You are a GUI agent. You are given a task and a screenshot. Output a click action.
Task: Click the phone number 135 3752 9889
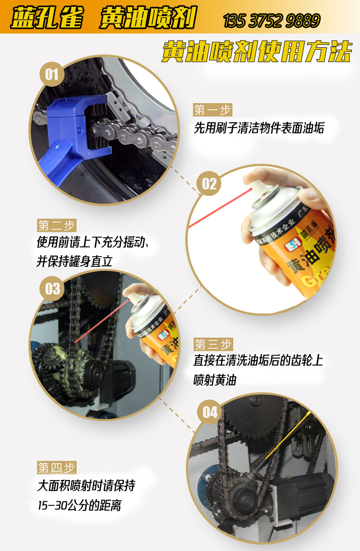pyautogui.click(x=271, y=21)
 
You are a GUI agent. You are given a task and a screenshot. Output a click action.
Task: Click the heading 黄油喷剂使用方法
pyautogui.click(x=257, y=51)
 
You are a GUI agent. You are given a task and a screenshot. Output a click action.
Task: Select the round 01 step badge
pyautogui.click(x=52, y=76)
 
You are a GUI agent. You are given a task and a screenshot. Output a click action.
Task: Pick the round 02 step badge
pyautogui.click(x=209, y=183)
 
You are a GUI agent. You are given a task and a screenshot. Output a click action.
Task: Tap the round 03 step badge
pyautogui.click(x=53, y=289)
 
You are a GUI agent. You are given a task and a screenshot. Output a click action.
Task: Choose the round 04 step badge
pyautogui.click(x=210, y=411)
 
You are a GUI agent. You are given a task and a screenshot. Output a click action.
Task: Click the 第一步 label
pyautogui.click(x=212, y=110)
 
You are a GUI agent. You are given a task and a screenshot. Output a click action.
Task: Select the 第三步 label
pyautogui.click(x=212, y=345)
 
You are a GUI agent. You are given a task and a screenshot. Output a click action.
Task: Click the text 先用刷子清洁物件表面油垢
pyautogui.click(x=259, y=128)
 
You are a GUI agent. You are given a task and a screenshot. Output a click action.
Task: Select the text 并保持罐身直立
pyautogui.click(x=74, y=261)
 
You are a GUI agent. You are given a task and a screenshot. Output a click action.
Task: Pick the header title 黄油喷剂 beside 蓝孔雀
pyautogui.click(x=147, y=19)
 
